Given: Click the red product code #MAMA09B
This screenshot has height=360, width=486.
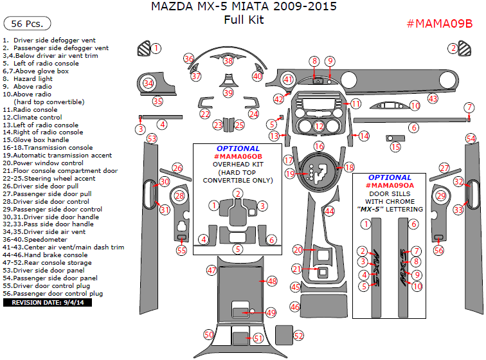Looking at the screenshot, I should [x=440, y=24].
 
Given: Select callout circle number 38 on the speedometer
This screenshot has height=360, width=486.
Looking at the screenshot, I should [x=228, y=61].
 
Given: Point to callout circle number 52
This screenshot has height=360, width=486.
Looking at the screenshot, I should [x=298, y=335].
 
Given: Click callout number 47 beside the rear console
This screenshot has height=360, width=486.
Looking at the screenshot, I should [x=212, y=271].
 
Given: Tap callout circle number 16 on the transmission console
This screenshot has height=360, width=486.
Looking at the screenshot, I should [x=319, y=146].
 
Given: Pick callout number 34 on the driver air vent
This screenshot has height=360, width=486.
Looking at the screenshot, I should [x=148, y=83].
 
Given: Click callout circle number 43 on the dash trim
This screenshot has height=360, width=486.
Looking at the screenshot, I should [x=433, y=98].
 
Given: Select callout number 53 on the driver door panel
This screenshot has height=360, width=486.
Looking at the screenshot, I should [x=152, y=138].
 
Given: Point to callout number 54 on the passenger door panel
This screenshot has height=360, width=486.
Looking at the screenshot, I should [x=471, y=138].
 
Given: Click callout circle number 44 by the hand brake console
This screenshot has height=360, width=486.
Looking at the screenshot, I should [x=329, y=210].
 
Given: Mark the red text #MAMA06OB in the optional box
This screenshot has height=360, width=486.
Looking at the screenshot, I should [x=238, y=156].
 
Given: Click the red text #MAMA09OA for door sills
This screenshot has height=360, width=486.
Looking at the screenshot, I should [x=390, y=185].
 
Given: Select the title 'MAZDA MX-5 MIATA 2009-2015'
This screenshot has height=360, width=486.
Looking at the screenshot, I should [x=244, y=7].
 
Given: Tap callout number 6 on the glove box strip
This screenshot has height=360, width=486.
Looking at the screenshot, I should [x=414, y=127].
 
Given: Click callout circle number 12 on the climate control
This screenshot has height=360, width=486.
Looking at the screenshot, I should [x=319, y=126].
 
